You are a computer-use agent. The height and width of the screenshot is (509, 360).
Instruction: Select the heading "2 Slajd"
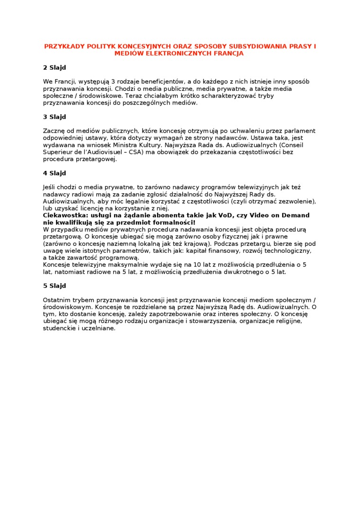[54, 67]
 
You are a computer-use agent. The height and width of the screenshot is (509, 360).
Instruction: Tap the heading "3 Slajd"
[54, 116]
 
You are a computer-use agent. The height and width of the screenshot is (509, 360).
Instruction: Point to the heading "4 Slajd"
[54, 173]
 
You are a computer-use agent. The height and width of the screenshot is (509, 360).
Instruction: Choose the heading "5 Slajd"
[54, 286]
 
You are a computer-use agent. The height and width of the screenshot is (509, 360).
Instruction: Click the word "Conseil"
[292, 144]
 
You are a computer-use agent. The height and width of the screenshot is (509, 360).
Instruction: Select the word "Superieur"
[58, 152]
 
